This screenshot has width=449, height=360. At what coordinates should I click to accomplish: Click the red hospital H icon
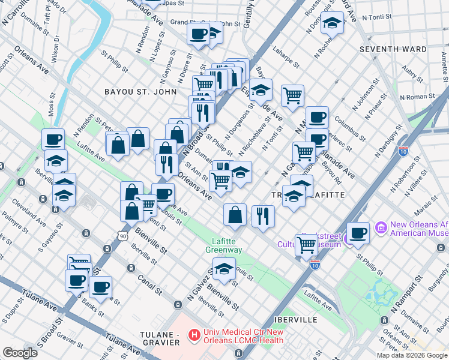pos(194,334)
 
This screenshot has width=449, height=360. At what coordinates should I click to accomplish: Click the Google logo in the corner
pos(20,353)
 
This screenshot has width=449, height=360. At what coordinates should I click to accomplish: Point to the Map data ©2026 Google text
pos(412,355)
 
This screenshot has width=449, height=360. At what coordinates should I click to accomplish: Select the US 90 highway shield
pos(122,230)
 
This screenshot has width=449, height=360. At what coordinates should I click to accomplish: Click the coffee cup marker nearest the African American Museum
pos(358,233)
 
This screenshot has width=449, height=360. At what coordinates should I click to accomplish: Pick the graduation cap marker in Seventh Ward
pos(330,23)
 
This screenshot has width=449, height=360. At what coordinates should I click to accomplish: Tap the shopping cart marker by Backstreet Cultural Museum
pos(306,244)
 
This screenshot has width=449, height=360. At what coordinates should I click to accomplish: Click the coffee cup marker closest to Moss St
pos(53,140)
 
